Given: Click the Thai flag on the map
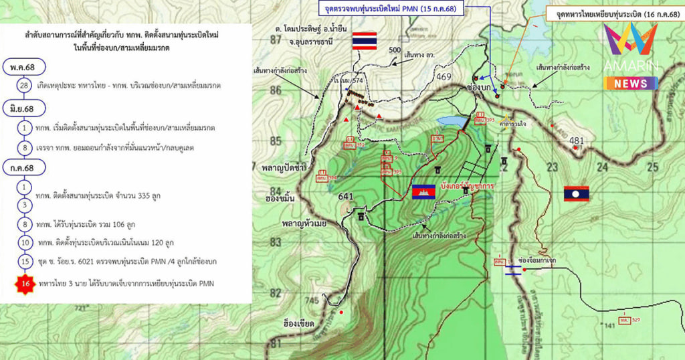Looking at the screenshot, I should (x=365, y=40).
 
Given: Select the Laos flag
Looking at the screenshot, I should (x=576, y=193).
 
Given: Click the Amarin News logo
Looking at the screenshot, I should (x=631, y=57).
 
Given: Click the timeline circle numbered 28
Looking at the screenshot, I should (x=25, y=86).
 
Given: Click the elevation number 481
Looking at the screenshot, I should (x=577, y=141).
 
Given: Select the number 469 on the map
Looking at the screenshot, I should (x=444, y=77).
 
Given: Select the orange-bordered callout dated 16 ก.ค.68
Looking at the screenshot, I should (x=614, y=13).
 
